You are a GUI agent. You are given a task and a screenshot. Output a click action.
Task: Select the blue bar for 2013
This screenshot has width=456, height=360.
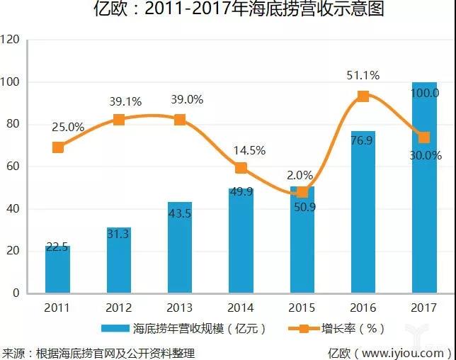180,247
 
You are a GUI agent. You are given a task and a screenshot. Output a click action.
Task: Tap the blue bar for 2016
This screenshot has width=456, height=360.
363,212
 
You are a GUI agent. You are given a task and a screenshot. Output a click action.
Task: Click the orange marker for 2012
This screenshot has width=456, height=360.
119,120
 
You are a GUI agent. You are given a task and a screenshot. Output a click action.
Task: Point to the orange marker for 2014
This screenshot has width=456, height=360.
241,168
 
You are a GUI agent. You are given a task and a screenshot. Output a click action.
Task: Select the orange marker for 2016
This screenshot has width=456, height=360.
363,96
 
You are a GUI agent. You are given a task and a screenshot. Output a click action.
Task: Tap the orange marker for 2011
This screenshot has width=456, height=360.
58,147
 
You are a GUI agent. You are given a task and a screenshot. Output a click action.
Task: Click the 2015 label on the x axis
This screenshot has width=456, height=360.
302,306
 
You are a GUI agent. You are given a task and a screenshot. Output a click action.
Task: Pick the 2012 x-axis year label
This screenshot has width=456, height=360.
119,306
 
